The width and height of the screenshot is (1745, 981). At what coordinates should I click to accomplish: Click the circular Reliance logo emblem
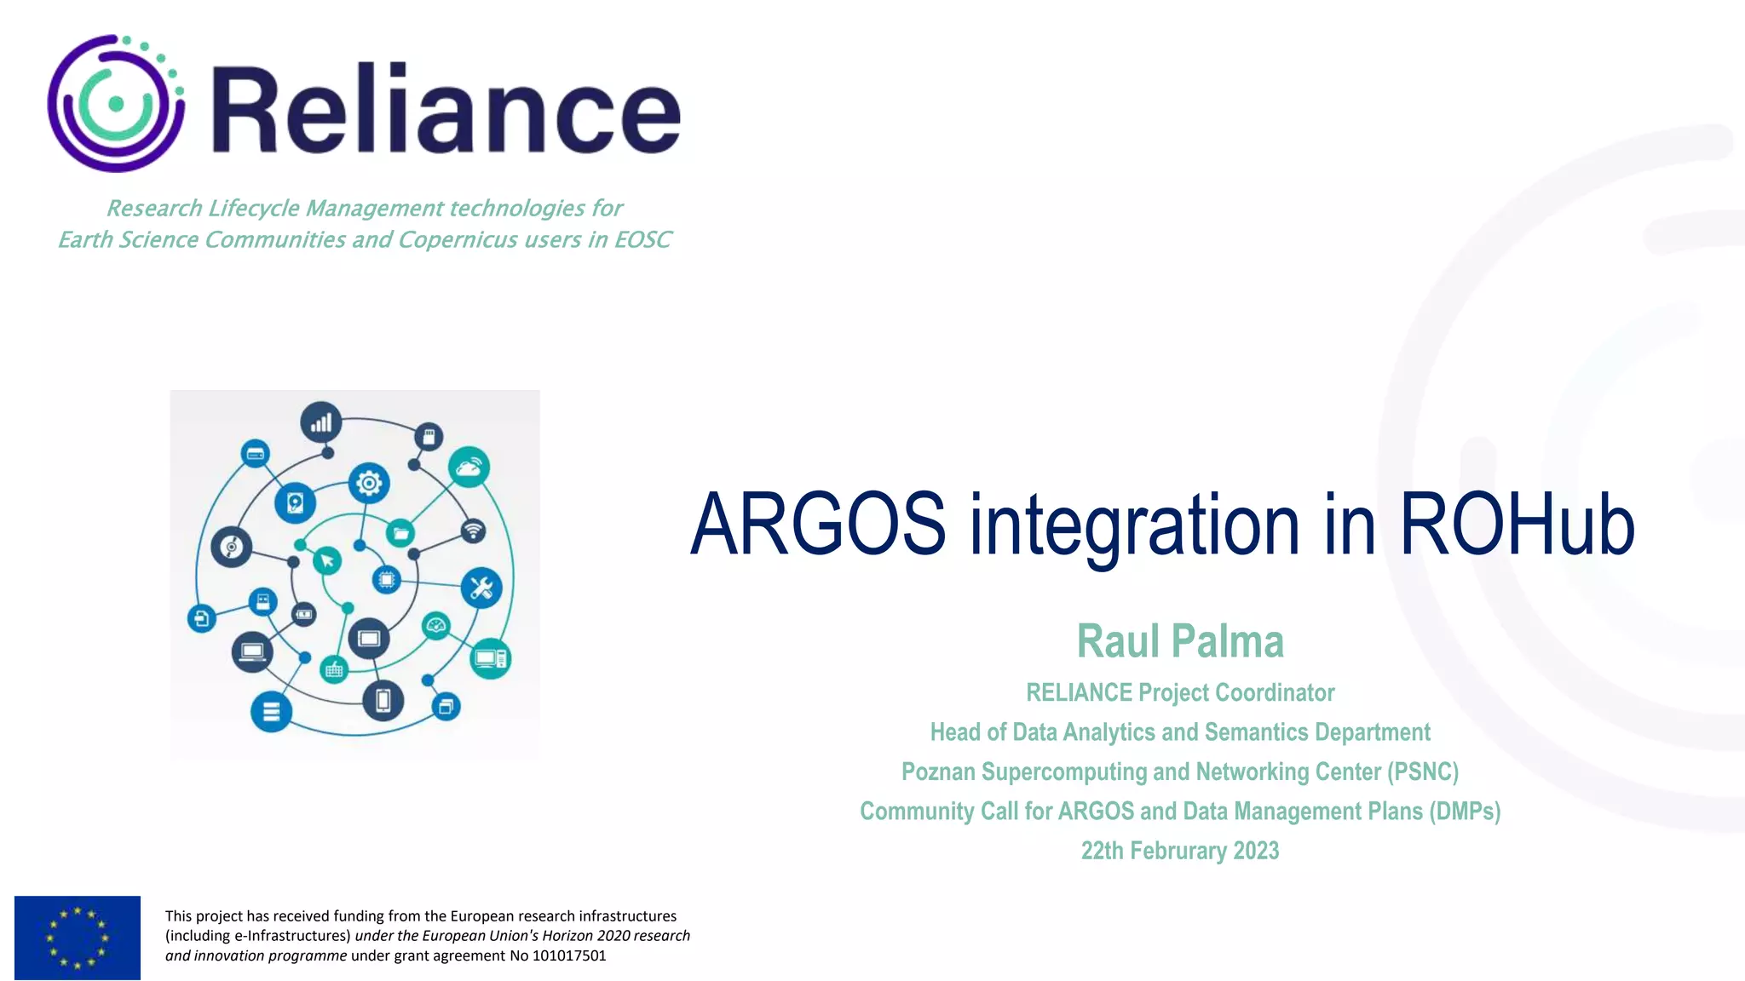click(x=116, y=104)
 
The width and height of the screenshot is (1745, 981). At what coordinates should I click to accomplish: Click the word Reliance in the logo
click(x=445, y=108)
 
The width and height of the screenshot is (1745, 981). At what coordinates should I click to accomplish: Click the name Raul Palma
click(x=1180, y=641)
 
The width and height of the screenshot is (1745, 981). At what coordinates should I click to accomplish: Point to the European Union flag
click(x=78, y=937)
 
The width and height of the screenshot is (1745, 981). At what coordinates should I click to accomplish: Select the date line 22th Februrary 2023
click(x=1180, y=851)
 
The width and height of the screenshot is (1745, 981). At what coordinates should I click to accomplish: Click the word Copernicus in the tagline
click(x=458, y=240)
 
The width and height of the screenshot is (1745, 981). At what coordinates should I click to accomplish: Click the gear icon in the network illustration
click(x=369, y=484)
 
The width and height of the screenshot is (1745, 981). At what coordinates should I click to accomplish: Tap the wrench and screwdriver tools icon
click(x=481, y=588)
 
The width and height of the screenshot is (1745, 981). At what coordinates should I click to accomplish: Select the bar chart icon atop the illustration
click(x=321, y=422)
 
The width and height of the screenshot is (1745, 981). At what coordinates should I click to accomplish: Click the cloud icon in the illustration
click(x=469, y=467)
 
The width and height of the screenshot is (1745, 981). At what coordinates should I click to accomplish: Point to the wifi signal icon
click(x=473, y=531)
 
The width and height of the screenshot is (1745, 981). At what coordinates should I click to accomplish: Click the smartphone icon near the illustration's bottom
click(x=383, y=700)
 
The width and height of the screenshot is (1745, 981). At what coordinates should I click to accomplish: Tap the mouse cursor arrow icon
click(x=327, y=560)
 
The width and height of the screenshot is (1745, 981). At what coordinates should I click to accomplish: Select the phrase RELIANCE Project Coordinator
click(x=1180, y=692)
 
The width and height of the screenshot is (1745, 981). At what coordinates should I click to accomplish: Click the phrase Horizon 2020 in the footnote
click(x=586, y=936)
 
